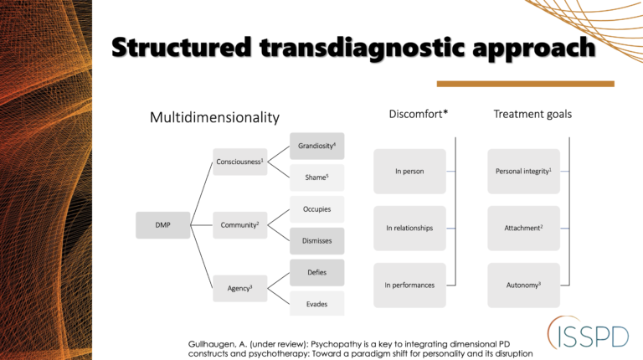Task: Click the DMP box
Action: pos(162,224)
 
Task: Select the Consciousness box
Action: pos(240,162)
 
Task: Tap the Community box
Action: pos(240,224)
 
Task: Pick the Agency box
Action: pos(240,288)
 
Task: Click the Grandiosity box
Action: pos(316,147)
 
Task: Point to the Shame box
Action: pos(316,177)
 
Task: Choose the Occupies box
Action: pos(316,209)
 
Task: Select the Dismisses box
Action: pos(316,240)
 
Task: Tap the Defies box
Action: pos(316,272)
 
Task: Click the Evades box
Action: pos(316,303)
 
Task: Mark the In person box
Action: pos(409,172)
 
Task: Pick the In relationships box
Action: pos(409,228)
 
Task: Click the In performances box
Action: pos(409,285)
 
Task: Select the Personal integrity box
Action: pos(523,172)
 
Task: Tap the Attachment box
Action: pos(523,228)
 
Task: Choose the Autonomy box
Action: pos(523,285)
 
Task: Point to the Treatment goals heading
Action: pos(532,114)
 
